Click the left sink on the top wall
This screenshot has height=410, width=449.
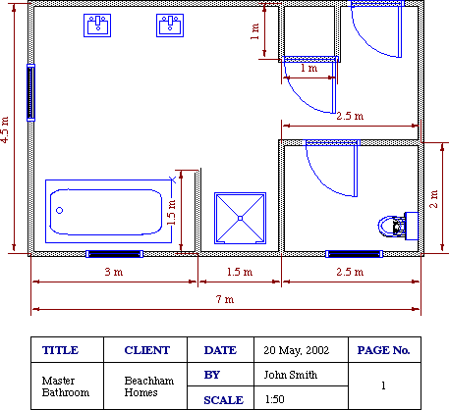(x=98, y=26)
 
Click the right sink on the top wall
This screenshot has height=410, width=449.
(x=169, y=26)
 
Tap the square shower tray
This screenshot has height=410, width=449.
(x=241, y=218)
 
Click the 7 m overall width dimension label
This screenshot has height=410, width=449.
(x=226, y=298)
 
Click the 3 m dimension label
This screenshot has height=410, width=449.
(x=114, y=272)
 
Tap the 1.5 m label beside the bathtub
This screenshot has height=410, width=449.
(x=172, y=212)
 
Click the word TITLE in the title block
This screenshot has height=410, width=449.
(x=61, y=350)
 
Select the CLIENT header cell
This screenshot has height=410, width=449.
(x=147, y=350)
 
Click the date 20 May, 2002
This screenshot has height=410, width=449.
(x=295, y=350)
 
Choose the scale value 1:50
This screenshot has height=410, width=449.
(x=275, y=398)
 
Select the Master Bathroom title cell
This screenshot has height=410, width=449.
(x=66, y=385)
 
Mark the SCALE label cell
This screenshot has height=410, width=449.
(x=222, y=398)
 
